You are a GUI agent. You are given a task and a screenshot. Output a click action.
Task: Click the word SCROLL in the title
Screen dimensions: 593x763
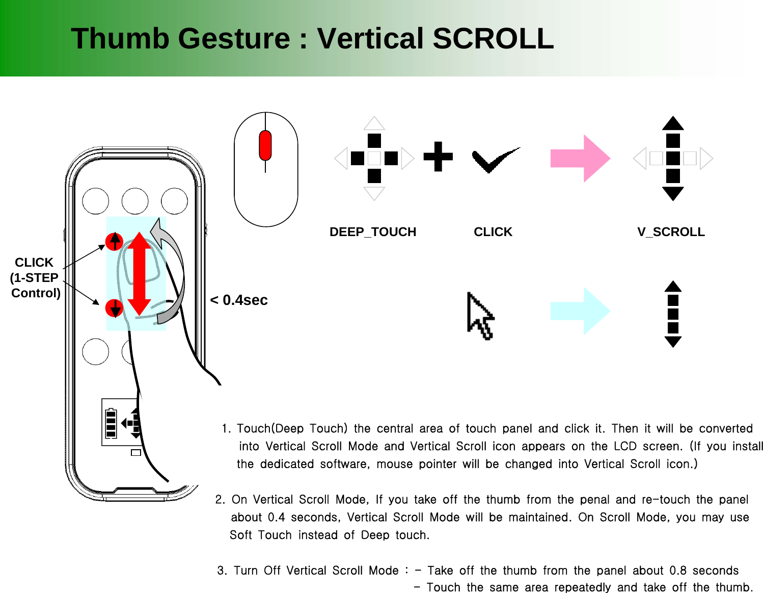[493, 39]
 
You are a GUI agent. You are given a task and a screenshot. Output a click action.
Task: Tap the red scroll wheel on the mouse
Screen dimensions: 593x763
[265, 145]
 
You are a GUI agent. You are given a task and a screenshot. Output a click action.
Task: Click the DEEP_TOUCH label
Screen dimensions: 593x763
[372, 232]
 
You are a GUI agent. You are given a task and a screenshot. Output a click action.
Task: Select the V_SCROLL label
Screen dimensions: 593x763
[671, 232]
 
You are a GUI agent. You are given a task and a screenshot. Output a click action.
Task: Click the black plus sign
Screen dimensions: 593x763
[438, 157]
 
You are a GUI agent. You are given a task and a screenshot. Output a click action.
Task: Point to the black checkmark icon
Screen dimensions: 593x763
[493, 160]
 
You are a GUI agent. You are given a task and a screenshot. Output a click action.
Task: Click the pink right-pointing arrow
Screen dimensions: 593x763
[580, 159]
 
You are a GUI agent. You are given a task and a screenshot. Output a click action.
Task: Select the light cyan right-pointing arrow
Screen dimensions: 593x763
[580, 311]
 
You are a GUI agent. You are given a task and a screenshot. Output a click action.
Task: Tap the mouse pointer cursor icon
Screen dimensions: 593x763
[479, 315]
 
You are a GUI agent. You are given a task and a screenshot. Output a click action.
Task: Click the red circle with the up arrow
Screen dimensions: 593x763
[115, 241]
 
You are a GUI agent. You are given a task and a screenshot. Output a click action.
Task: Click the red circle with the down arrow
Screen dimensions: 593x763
[115, 308]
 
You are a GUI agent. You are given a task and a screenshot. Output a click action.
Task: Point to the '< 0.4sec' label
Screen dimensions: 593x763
[239, 300]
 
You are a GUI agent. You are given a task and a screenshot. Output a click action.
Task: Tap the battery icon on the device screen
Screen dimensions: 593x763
[111, 423]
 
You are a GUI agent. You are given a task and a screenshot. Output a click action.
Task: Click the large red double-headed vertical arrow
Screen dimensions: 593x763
[139, 274]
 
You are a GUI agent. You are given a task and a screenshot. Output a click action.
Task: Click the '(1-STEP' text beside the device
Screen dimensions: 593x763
[34, 278]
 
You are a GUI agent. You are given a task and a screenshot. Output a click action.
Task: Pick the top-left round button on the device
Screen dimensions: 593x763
[95, 201]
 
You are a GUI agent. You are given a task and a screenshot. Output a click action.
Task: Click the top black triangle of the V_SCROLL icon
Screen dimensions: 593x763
[673, 123]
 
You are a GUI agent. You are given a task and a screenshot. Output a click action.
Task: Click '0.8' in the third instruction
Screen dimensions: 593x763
[677, 571]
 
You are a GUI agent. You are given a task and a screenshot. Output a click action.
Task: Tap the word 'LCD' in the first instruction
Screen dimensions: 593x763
[625, 446]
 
